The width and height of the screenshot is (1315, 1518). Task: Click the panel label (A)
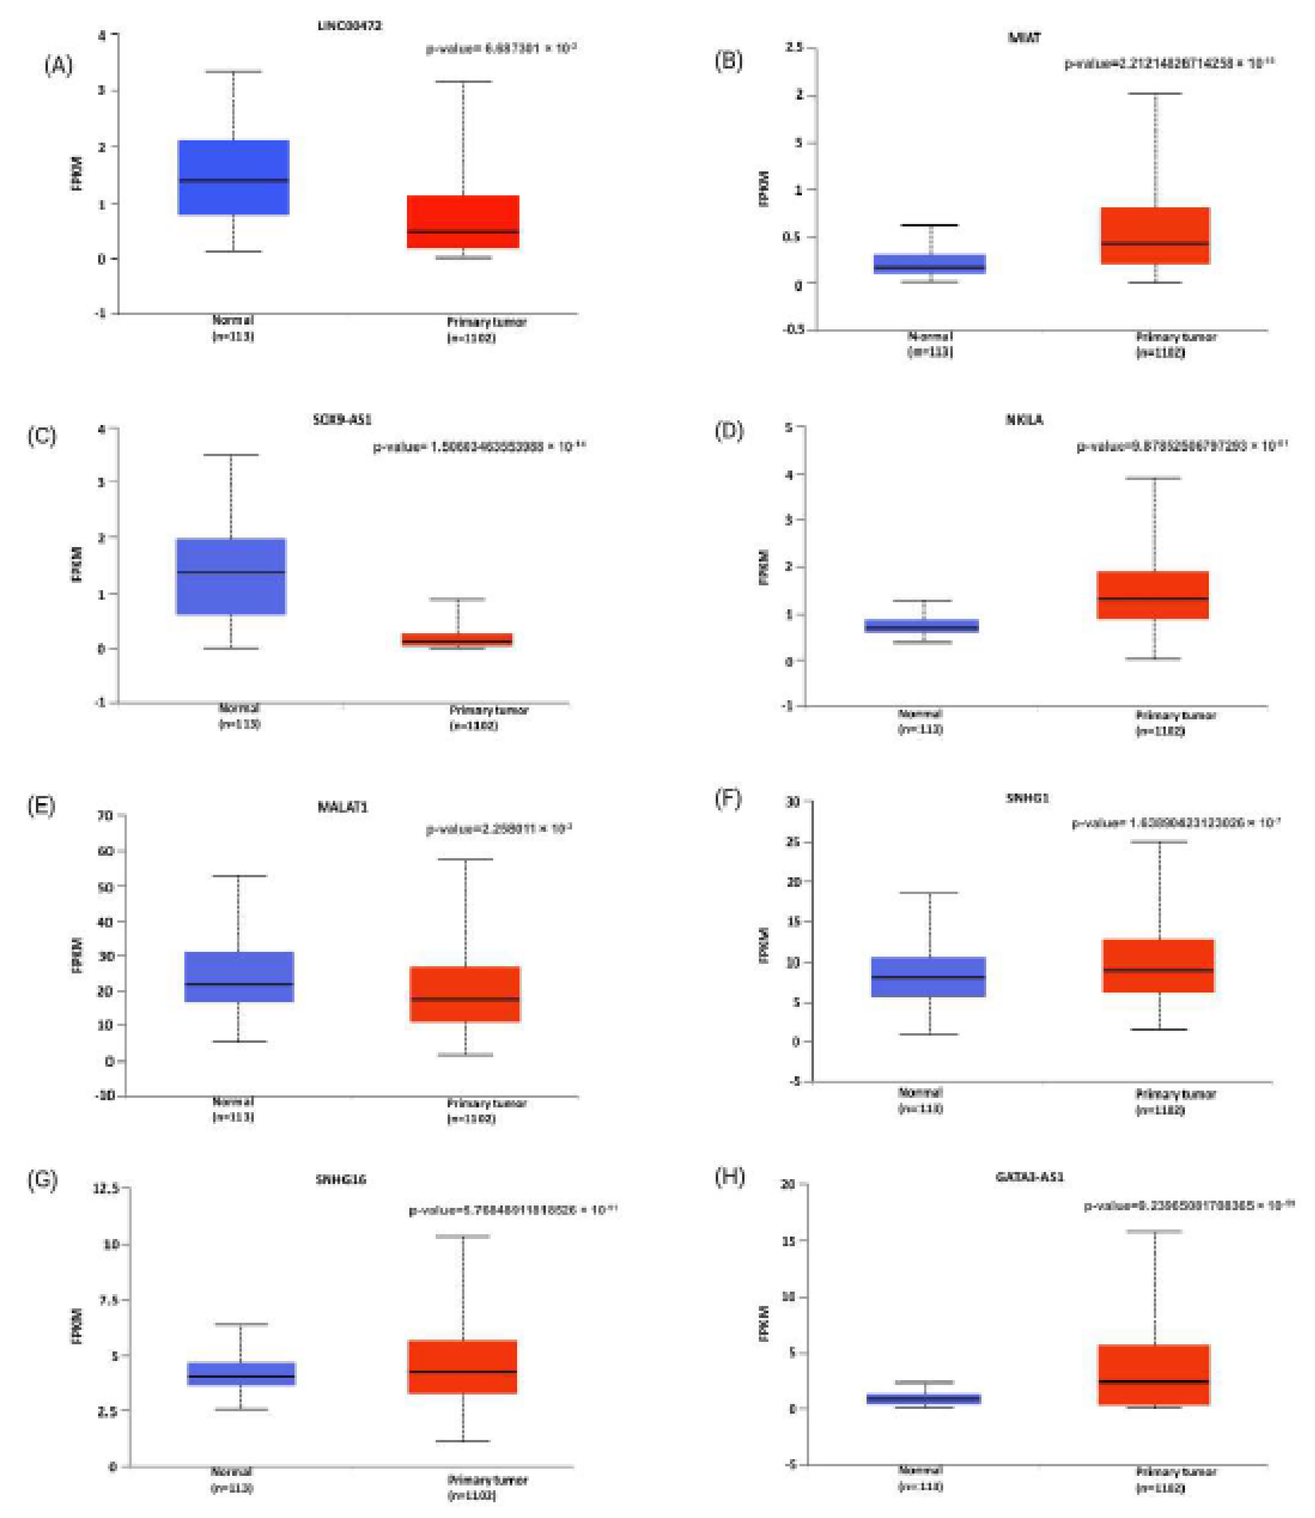coord(59,66)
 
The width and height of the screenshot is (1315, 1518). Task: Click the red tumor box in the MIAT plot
coord(1155,235)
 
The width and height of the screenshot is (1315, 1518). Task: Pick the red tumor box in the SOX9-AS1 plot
coord(457,639)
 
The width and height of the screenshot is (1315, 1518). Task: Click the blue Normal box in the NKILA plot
coord(921,626)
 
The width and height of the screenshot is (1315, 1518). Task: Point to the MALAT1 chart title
coord(343,807)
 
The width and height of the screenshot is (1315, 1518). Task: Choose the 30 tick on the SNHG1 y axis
coord(793,802)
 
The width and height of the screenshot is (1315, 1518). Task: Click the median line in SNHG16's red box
coord(462,1371)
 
